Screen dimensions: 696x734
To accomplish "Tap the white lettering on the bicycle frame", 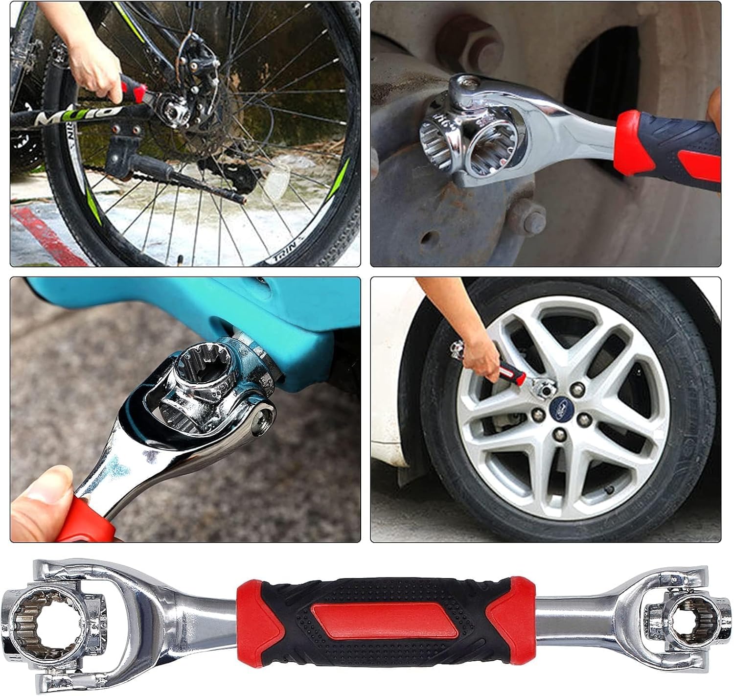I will click(x=54, y=115).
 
